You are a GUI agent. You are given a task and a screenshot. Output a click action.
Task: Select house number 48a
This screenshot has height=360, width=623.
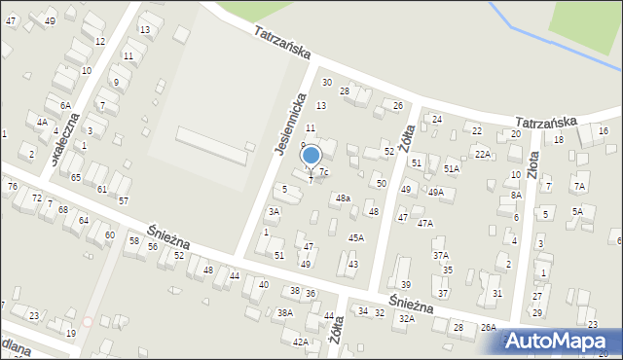pyautogui.click(x=343, y=198)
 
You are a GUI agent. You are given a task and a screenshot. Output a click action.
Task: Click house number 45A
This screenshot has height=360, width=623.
pyautogui.click(x=356, y=237)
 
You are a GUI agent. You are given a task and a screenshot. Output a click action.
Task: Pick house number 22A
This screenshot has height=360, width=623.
pyautogui.click(x=482, y=153)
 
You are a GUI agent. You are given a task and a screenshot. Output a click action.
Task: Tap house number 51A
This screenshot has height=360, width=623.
pyautogui.click(x=451, y=168)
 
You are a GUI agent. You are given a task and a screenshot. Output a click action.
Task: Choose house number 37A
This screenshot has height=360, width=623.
pyautogui.click(x=441, y=255)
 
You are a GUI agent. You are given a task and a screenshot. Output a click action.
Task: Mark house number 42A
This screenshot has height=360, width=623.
pyautogui.click(x=301, y=342)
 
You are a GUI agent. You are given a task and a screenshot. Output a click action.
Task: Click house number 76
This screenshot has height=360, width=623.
pyautogui.click(x=13, y=186)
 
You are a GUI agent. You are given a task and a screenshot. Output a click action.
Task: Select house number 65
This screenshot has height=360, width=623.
pyautogui.click(x=75, y=177)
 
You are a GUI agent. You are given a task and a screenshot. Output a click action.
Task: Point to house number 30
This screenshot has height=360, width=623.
pyautogui.click(x=327, y=82)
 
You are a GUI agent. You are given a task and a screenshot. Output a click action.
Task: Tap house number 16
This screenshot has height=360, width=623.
pyautogui.click(x=604, y=130)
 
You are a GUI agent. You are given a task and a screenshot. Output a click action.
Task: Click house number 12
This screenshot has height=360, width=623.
pyautogui.click(x=100, y=42)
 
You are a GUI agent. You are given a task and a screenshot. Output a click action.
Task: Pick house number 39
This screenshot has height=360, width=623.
pyautogui.click(x=405, y=284)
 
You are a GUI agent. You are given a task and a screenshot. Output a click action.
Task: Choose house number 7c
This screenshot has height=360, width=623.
pyautogui.click(x=324, y=172)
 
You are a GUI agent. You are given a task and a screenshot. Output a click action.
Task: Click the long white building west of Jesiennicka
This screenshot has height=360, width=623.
pyautogui.click(x=211, y=146)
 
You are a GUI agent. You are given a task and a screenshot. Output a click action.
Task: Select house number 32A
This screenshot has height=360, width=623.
pyautogui.click(x=406, y=318)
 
